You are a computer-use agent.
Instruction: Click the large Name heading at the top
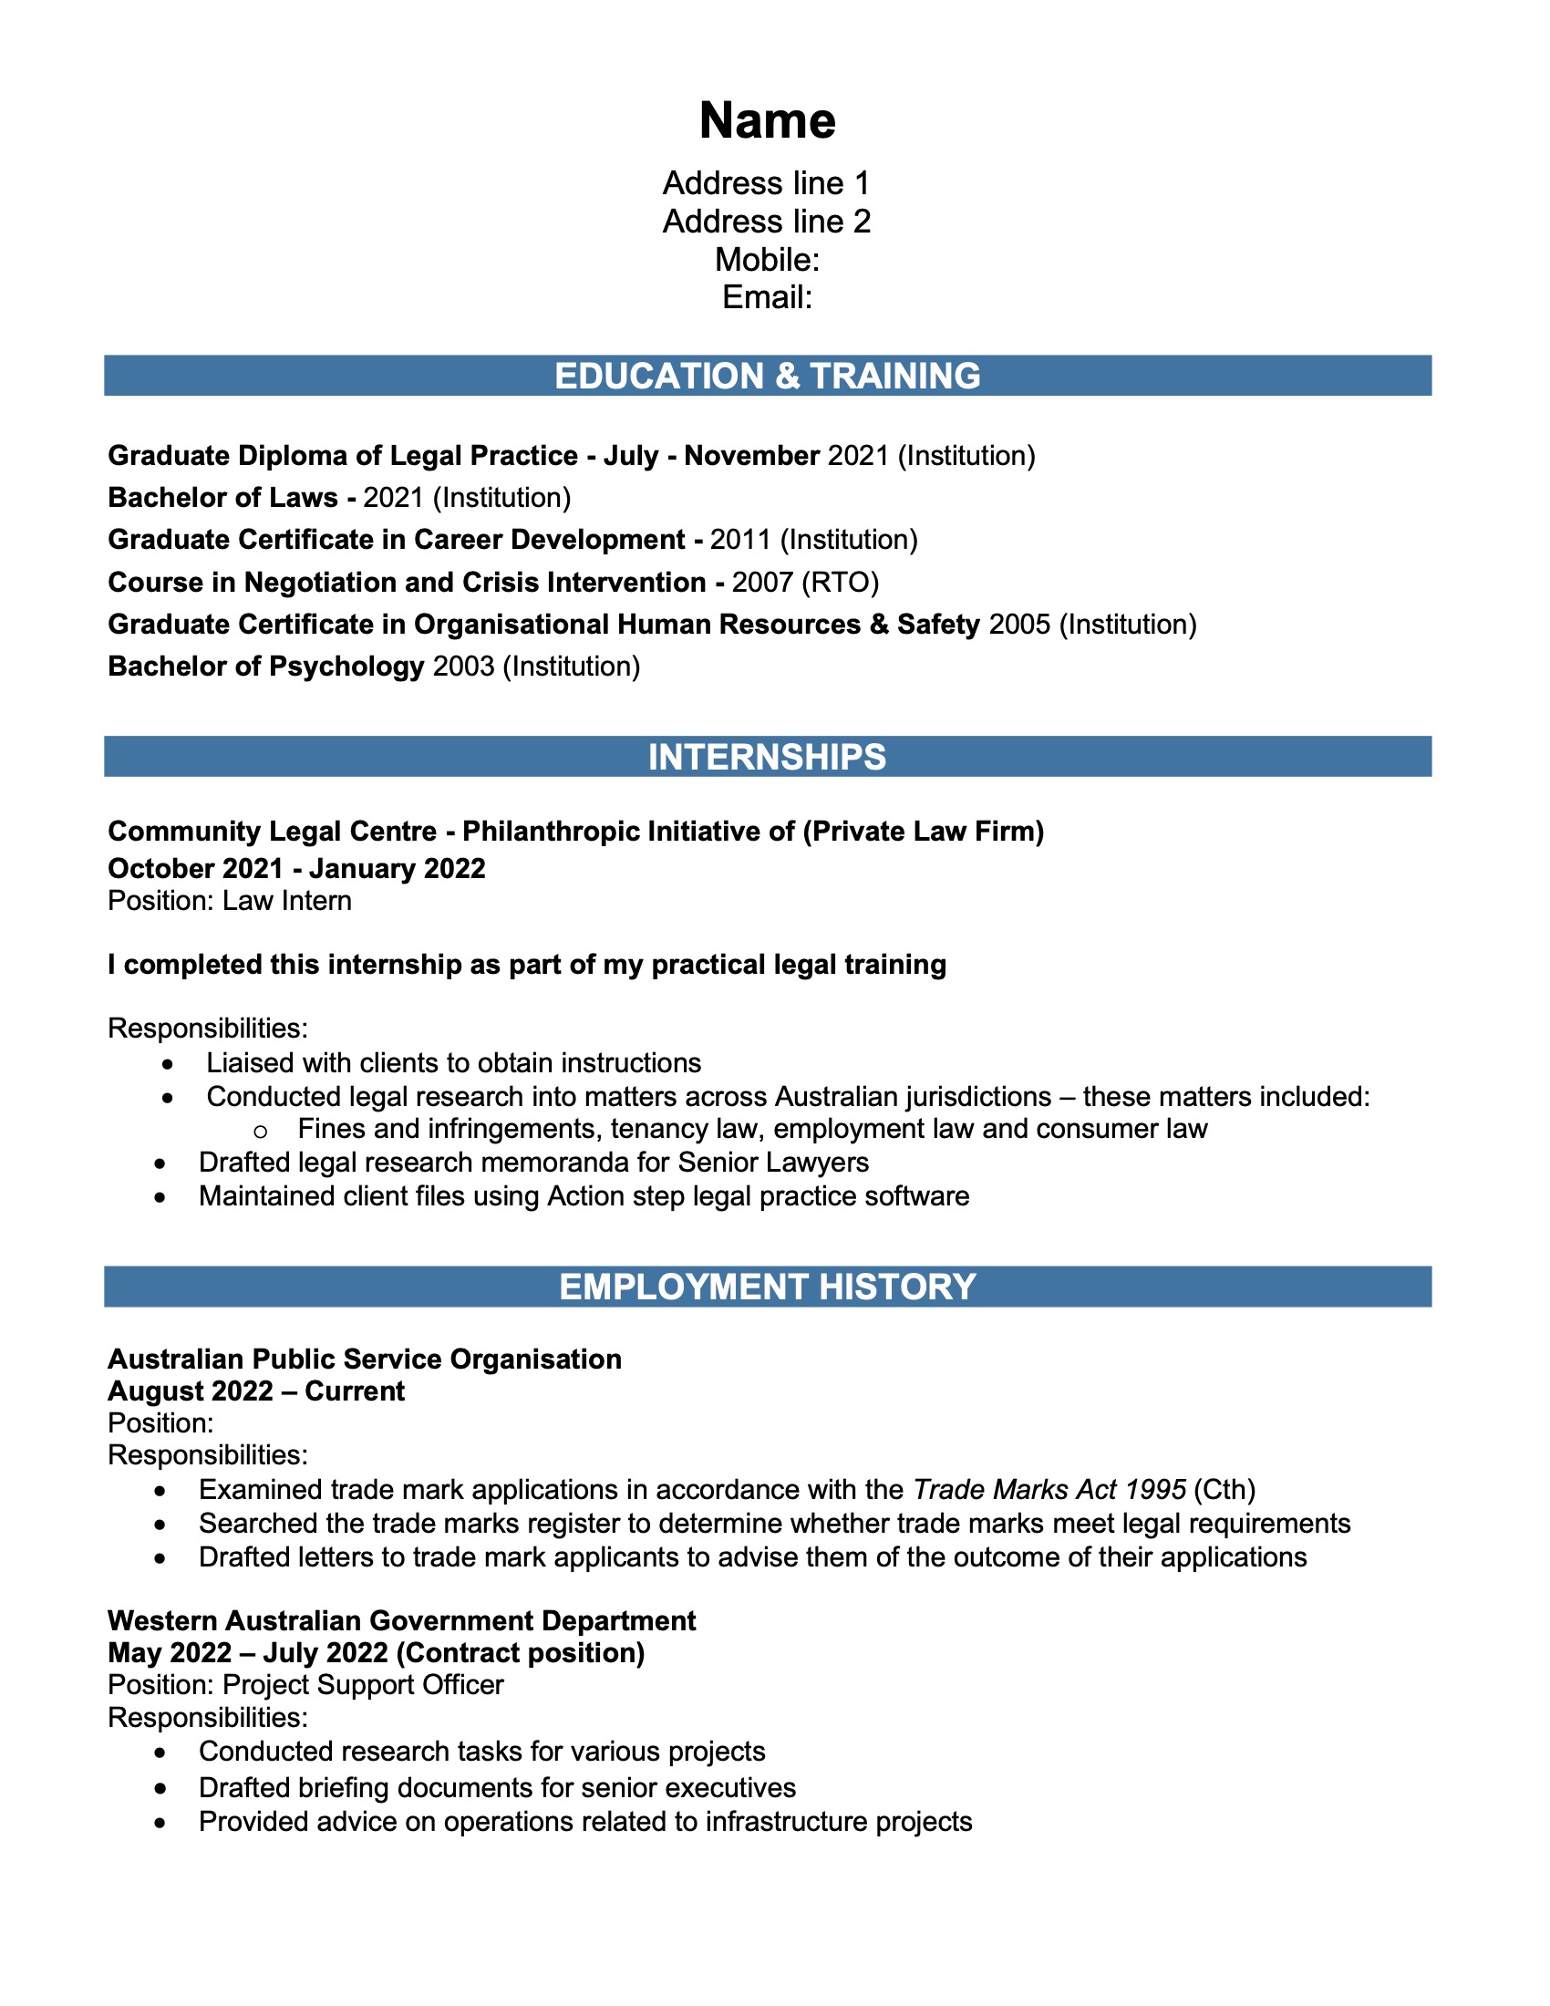767,120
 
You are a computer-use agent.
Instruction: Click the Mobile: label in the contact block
767,260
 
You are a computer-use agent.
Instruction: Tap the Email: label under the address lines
767,297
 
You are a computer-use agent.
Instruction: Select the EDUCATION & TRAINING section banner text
767,377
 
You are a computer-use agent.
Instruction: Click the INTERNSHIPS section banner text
767,757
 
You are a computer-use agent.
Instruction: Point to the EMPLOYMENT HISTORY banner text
767,1287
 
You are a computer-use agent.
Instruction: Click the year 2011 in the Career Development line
740,539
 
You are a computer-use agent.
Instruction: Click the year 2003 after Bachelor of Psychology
463,666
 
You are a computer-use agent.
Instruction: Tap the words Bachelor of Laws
223,498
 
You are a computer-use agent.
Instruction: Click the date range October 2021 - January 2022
296,868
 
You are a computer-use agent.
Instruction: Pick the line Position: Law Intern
230,900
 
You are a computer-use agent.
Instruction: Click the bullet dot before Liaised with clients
167,1064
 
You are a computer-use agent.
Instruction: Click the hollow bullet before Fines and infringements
260,1131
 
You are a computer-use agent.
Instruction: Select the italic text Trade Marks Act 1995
1049,1489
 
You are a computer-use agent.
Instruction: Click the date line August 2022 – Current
256,1391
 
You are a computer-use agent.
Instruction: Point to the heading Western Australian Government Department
401,1620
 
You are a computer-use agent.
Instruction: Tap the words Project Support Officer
364,1684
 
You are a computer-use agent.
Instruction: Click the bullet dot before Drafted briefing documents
160,1789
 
